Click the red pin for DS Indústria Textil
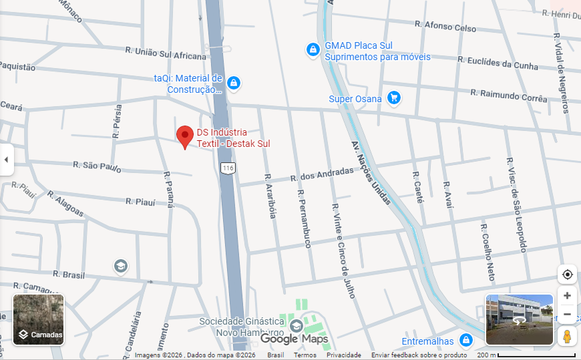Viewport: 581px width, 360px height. click(185, 136)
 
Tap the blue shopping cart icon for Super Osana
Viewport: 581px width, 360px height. click(393, 98)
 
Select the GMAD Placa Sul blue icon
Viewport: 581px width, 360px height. click(313, 50)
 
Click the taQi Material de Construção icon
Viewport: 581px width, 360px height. click(233, 83)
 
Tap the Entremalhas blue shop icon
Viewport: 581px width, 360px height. click(466, 341)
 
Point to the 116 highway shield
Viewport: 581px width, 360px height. click(228, 168)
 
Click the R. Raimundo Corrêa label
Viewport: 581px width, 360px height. click(509, 94)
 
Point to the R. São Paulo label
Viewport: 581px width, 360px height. click(98, 166)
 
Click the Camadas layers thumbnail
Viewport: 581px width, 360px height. click(39, 319)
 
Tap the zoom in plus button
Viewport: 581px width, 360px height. click(567, 295)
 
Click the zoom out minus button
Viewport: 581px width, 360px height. click(567, 314)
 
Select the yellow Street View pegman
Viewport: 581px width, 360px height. click(567, 336)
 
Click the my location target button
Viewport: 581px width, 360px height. click(567, 274)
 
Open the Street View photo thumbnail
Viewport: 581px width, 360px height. click(519, 319)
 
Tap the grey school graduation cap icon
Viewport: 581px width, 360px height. click(121, 266)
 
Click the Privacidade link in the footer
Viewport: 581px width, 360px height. click(343, 355)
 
